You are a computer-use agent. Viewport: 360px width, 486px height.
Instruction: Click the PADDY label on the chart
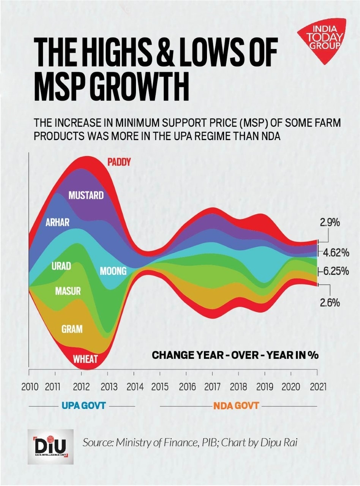119,162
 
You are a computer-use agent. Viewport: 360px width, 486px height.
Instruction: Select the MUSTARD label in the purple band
86,195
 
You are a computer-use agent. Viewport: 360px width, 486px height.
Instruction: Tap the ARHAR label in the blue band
58,222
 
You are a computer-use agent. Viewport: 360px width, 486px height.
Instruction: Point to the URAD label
61,266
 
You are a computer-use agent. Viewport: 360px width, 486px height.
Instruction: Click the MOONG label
113,271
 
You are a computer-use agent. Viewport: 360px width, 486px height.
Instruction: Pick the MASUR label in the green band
68,291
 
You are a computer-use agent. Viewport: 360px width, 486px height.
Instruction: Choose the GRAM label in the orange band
72,328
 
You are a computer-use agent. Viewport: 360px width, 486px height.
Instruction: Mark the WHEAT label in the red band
85,358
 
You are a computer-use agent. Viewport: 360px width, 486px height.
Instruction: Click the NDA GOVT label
236,406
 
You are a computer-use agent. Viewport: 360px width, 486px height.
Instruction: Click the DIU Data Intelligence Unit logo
51,447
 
